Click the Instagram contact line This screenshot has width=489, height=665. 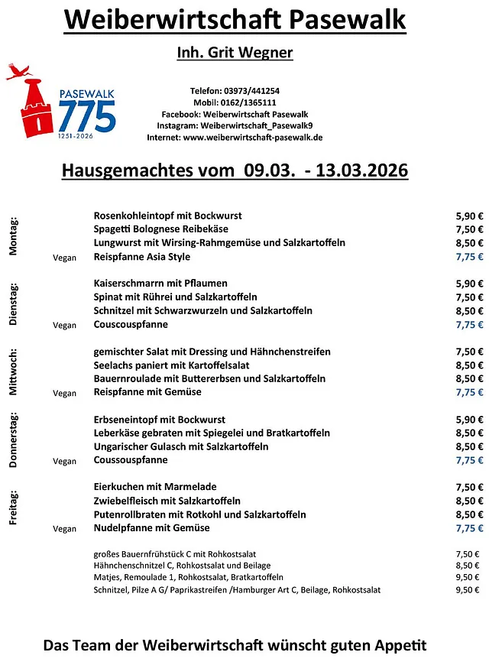click(x=235, y=125)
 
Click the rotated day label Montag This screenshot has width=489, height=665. click(x=14, y=236)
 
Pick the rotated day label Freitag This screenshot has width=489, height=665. click(x=14, y=507)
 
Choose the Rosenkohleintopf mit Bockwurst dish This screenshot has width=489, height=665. click(x=167, y=216)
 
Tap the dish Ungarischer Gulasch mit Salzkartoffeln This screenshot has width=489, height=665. click(x=181, y=446)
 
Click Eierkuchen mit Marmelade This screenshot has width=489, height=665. click(x=155, y=487)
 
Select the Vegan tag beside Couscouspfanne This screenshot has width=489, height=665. click(x=65, y=326)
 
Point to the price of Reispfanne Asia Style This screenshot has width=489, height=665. click(x=469, y=257)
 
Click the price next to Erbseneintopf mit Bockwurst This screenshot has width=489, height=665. click(x=469, y=420)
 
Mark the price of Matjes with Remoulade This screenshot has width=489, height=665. click(x=468, y=577)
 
